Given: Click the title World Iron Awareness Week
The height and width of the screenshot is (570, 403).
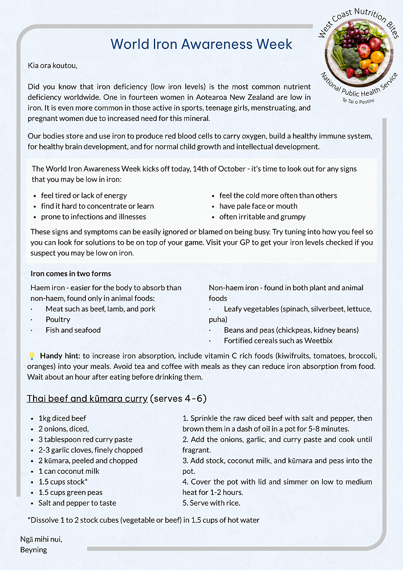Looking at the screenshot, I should [x=201, y=44].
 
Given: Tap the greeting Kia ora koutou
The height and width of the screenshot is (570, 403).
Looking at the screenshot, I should [x=52, y=65].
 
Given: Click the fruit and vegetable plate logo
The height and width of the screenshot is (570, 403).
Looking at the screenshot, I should [x=358, y=54].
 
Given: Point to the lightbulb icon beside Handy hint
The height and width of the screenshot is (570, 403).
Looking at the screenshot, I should [x=32, y=356].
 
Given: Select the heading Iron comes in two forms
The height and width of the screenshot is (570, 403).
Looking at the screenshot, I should [x=71, y=274].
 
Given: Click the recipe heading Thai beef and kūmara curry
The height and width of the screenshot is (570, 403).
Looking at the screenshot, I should [x=87, y=398].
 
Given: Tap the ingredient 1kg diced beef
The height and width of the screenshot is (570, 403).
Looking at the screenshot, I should [x=62, y=418].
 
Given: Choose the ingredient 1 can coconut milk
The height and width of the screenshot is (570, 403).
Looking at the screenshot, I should [x=69, y=471].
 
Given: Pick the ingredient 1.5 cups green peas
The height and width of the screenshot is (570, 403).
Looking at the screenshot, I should [x=71, y=492].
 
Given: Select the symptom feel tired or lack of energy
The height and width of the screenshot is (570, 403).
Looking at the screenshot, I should [x=84, y=196].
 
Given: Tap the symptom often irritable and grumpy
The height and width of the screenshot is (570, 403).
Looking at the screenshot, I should [x=262, y=217].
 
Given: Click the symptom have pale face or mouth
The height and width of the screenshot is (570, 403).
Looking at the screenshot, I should [x=258, y=206].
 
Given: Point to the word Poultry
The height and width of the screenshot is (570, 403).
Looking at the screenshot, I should [x=58, y=319].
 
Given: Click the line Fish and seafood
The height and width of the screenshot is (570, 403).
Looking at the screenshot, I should [x=73, y=330].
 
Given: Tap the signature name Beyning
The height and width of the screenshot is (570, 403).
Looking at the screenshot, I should [x=34, y=550].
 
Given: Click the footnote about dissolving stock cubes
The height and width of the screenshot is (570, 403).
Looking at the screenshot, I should [x=143, y=520].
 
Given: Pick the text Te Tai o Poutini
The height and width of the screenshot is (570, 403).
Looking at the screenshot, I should [x=359, y=100].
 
